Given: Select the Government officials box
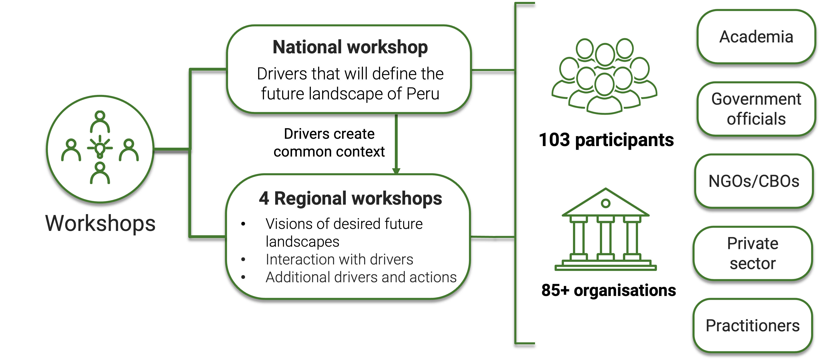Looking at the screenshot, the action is click(756, 109).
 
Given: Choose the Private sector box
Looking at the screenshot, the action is click(753, 254).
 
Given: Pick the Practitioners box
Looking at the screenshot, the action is click(753, 326).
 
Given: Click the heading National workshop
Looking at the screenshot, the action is click(350, 47).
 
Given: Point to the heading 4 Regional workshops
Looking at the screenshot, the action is click(350, 198).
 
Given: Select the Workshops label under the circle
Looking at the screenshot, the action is click(100, 223).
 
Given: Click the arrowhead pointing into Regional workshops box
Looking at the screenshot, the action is click(396, 171).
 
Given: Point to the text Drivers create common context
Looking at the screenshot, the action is click(329, 143).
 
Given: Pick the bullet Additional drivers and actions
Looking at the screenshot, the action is click(361, 277).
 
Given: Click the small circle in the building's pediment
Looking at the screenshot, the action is click(606, 203).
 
